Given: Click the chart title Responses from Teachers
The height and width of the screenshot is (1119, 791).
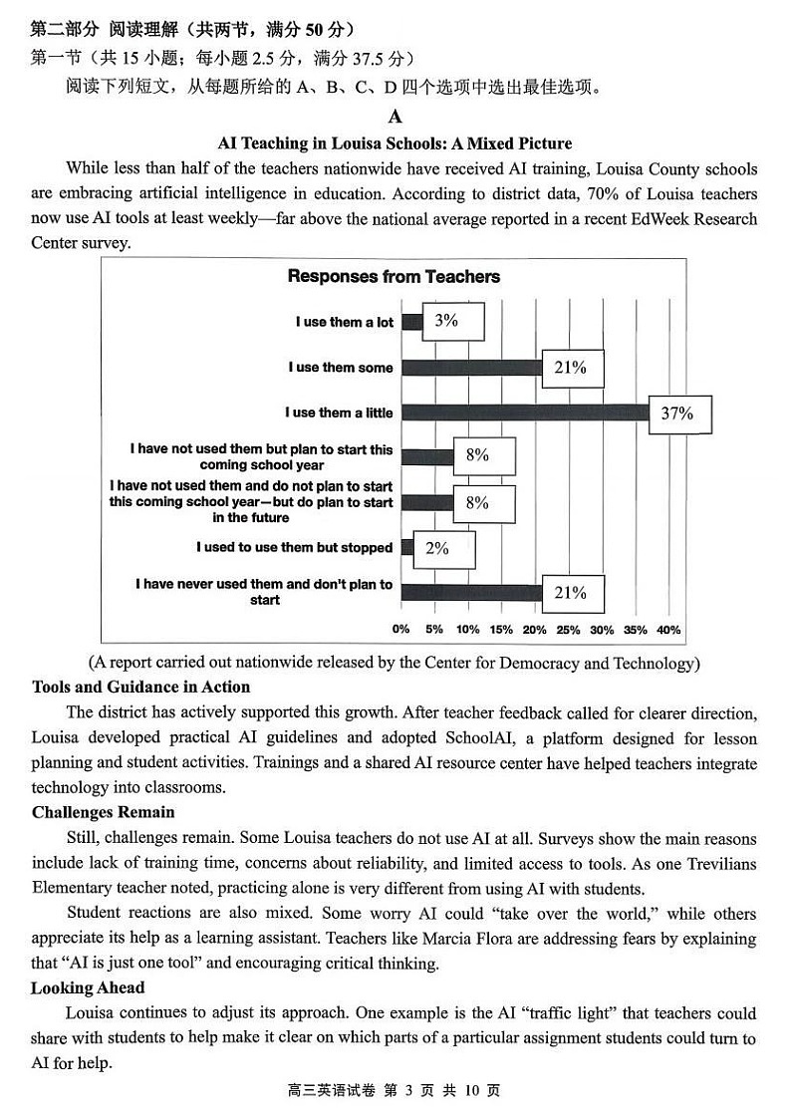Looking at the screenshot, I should tap(394, 276).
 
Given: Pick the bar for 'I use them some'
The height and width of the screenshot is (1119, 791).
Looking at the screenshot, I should tap(470, 368).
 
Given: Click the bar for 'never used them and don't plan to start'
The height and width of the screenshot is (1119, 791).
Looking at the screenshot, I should tap(470, 593).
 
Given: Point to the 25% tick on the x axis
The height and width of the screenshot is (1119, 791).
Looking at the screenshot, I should tap(568, 630).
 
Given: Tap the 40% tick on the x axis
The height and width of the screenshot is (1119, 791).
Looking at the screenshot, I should tap(668, 630).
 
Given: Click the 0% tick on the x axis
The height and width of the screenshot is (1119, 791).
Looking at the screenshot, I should tap(400, 630).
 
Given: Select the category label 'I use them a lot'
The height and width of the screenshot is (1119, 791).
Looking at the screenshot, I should tap(344, 322).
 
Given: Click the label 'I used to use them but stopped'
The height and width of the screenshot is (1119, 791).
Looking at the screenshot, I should tap(294, 547).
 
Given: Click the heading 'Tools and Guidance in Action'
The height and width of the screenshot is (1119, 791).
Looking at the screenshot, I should tap(140, 687).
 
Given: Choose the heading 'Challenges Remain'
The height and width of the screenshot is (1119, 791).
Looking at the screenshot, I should tap(103, 812).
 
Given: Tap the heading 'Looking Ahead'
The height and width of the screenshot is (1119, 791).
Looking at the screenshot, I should tap(88, 987).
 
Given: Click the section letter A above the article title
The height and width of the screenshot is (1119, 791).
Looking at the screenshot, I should tap(395, 118).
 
